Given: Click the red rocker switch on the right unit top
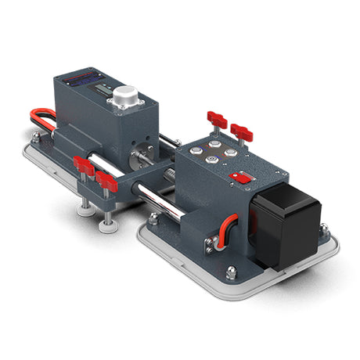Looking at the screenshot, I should click(x=243, y=178).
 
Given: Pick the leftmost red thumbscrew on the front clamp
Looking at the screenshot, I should click(x=82, y=165).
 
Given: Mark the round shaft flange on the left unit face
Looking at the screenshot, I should click(x=143, y=157).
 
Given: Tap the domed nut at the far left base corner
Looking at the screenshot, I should click(x=35, y=139).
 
